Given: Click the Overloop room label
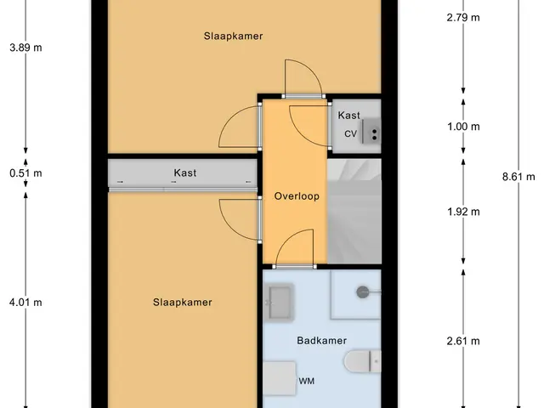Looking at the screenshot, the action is [297, 196].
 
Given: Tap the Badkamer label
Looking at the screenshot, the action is [321, 340].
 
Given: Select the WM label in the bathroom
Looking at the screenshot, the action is [306, 381].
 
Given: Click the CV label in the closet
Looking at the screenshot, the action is [350, 133].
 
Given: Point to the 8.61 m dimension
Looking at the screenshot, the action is [518, 177].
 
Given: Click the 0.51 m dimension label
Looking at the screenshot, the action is [25, 173].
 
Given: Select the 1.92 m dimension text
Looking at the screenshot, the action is [463, 212].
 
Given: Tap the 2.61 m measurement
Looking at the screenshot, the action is [463, 341].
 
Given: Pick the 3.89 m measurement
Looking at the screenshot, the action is [25, 48].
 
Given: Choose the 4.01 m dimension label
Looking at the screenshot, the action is [25, 303].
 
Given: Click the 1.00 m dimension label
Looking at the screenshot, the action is [463, 127].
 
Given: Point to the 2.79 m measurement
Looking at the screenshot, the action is [463, 17].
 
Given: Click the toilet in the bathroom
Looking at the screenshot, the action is [363, 361].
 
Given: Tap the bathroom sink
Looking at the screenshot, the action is [279, 303].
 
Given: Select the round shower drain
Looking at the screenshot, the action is [363, 292].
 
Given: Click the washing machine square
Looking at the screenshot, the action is [280, 378].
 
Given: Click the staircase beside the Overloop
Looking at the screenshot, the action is [354, 212].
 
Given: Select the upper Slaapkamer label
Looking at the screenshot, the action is [233, 36].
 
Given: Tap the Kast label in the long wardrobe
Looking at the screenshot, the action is [185, 173].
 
